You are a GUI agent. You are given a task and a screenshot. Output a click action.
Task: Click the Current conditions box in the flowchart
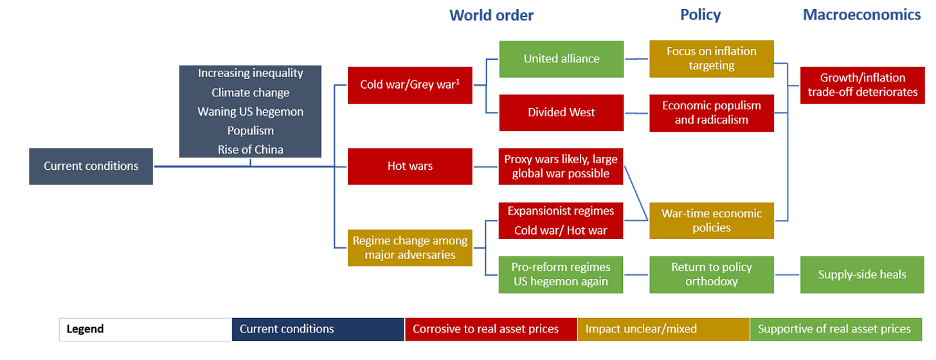pyautogui.click(x=91, y=166)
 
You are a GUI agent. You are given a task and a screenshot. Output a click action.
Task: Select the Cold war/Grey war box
pyautogui.click(x=410, y=85)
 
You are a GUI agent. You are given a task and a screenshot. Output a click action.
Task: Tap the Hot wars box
pyautogui.click(x=410, y=166)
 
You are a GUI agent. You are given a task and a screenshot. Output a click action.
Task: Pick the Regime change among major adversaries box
pyautogui.click(x=410, y=248)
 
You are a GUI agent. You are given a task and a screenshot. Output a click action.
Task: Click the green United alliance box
pyautogui.click(x=561, y=59)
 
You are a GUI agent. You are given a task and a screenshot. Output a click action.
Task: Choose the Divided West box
pyautogui.click(x=561, y=113)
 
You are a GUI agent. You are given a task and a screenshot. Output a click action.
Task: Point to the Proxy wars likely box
pyautogui.click(x=561, y=166)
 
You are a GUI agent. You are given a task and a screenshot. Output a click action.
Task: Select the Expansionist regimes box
pyautogui.click(x=561, y=221)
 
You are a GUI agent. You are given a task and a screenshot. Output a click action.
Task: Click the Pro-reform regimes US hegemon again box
pyautogui.click(x=561, y=274)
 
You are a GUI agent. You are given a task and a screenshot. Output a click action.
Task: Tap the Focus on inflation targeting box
pyautogui.click(x=711, y=59)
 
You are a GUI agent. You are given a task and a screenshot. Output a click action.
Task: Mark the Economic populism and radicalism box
pyautogui.click(x=711, y=113)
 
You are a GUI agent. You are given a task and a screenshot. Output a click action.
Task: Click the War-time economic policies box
pyautogui.click(x=711, y=221)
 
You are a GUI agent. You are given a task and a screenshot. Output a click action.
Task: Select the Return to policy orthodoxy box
pyautogui.click(x=711, y=274)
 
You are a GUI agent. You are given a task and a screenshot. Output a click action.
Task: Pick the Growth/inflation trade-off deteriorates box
pyautogui.click(x=862, y=85)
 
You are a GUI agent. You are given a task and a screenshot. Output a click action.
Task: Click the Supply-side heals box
pyautogui.click(x=862, y=274)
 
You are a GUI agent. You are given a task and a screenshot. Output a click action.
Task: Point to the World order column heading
pyautogui.click(x=491, y=15)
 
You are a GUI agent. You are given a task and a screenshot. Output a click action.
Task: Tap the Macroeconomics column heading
pyautogui.click(x=861, y=15)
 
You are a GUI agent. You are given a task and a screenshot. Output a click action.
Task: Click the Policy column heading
pyautogui.click(x=700, y=15)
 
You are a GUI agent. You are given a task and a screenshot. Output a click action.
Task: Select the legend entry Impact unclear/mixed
pyautogui.click(x=663, y=329)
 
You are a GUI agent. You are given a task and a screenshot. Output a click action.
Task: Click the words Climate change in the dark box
pyautogui.click(x=250, y=93)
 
